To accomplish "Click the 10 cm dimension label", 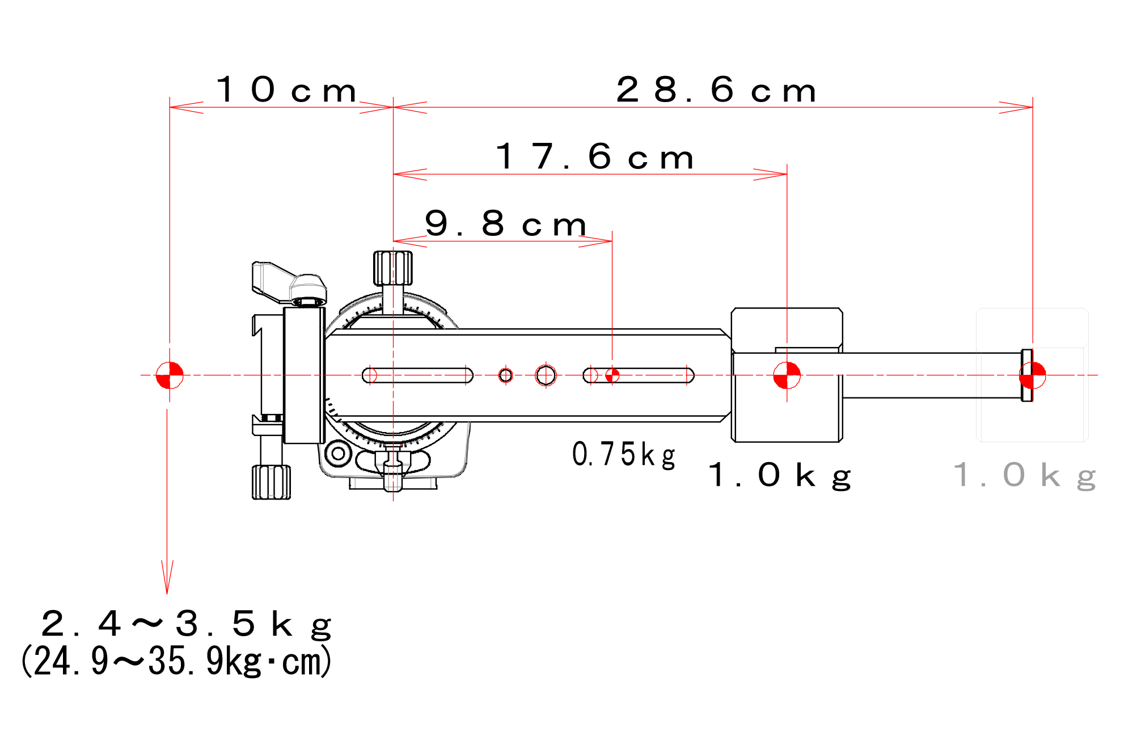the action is tap(286, 90).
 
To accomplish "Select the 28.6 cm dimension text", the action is tap(716, 90).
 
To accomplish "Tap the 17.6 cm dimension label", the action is tap(595, 156).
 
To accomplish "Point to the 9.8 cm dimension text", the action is tap(505, 223).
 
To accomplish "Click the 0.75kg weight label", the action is tap(624, 455).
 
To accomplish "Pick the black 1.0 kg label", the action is tap(780, 475).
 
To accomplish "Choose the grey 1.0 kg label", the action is tap(1024, 475).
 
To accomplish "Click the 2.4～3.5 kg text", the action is tap(186, 624).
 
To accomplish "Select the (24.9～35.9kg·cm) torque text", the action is tap(176, 661).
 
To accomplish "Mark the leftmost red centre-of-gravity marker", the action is tap(170, 375).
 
